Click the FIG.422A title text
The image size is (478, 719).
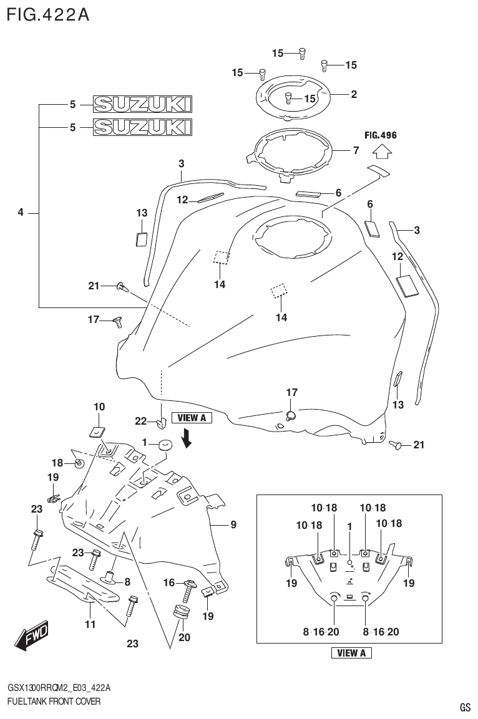pos(47,14)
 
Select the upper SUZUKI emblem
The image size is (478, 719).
pos(142,104)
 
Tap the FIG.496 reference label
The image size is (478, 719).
pos(381,135)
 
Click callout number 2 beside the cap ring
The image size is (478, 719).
pos(354,95)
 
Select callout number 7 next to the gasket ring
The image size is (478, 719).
pos(355,150)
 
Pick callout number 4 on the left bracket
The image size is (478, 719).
pos(21,213)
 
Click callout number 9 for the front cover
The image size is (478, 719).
pos(233,525)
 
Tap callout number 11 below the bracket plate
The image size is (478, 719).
pos(90,624)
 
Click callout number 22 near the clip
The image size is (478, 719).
pos(140,421)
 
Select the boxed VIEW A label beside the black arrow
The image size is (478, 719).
pos(192,418)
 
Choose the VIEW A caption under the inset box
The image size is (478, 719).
pos(351,653)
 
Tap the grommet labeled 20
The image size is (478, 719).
pos(182,612)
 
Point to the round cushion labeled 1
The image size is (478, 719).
pos(165,445)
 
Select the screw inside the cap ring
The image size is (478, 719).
pos(289,97)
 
